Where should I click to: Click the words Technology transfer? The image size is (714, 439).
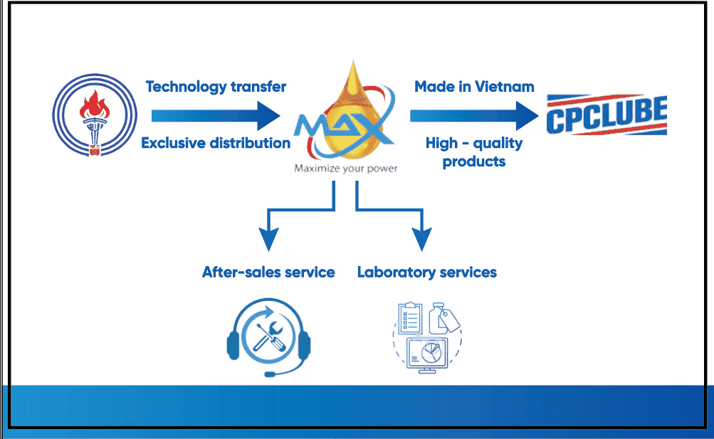tap(216, 86)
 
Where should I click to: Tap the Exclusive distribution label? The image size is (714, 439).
tap(216, 143)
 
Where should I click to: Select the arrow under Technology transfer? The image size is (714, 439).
tap(216, 115)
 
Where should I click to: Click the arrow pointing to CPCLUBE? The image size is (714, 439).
tap(475, 115)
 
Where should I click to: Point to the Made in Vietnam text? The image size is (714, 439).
tap(474, 86)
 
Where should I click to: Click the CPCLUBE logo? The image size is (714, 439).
tap(607, 115)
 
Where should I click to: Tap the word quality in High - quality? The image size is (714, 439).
tap(498, 144)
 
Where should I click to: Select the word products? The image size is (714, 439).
tap(474, 162)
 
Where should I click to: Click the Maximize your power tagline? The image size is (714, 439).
tap(346, 169)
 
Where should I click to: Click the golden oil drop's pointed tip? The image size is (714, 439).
tap(353, 61)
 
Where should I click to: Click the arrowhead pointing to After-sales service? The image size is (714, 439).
tap(268, 239)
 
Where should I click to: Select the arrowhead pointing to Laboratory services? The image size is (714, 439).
tap(421, 239)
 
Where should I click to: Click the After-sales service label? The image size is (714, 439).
tap(268, 272)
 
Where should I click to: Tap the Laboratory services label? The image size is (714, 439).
tap(427, 272)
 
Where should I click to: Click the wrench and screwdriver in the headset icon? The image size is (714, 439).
tap(270, 337)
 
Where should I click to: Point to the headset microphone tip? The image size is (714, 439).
tap(270, 374)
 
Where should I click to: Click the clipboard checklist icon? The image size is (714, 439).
tap(410, 317)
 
